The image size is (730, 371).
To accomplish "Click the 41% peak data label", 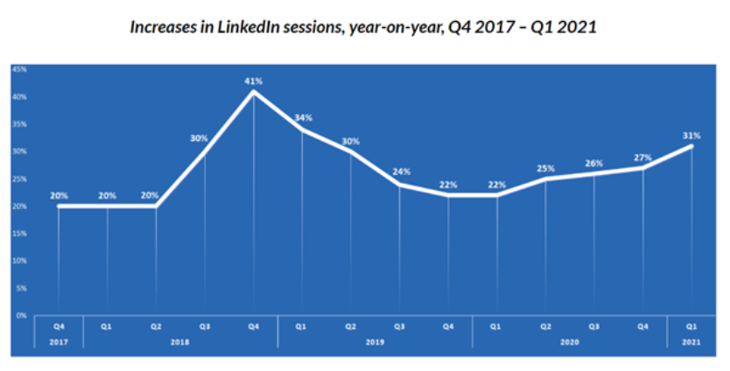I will coord(254,80).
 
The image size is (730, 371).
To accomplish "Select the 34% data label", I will coord(303,118).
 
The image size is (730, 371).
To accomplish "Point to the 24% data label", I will coord(400,171).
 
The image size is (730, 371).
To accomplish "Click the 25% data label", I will coord(545,167).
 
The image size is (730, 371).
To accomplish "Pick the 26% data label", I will coord(594,162).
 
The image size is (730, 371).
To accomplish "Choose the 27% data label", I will coord(642,157).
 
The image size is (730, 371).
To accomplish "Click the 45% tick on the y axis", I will coord(18,68).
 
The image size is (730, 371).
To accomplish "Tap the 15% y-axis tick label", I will coord(18,233).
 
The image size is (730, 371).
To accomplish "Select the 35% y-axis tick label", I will coord(18,123).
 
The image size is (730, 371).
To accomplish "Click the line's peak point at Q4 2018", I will coord(254,91).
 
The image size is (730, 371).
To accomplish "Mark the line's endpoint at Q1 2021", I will coord(691,145).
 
